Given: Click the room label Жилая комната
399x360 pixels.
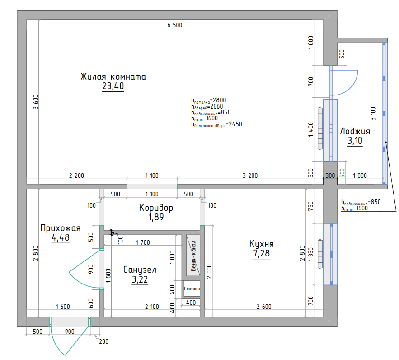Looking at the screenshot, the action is point(113,76).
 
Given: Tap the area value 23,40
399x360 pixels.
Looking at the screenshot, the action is point(113,86).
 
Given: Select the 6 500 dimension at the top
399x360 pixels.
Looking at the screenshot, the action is point(175,25).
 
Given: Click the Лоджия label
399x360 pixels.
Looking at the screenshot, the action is point(355,131).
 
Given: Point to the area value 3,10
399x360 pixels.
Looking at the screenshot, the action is point(355,141).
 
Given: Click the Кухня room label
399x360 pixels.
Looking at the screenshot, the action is point(262,244).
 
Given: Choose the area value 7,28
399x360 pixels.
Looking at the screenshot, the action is point(262,253).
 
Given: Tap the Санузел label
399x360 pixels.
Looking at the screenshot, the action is point(140,270).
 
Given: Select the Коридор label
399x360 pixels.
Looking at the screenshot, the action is point(156,208).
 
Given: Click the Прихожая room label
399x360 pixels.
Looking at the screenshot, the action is point(61,228).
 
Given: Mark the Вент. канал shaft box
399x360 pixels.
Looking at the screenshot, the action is point(193,256).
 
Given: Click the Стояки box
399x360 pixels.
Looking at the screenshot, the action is point(192,289).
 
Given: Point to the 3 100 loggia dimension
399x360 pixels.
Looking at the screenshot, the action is point(373,114).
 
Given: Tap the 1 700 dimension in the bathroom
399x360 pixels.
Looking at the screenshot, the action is point(143,242).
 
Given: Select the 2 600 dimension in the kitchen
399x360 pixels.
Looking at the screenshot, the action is point(264,307).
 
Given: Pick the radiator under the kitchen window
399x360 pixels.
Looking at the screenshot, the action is point(320,254).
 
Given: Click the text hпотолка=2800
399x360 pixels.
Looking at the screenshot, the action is point(209,100).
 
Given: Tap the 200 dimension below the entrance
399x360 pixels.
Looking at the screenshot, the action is point(103,341).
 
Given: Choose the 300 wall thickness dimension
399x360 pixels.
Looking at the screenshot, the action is point(330,175).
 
